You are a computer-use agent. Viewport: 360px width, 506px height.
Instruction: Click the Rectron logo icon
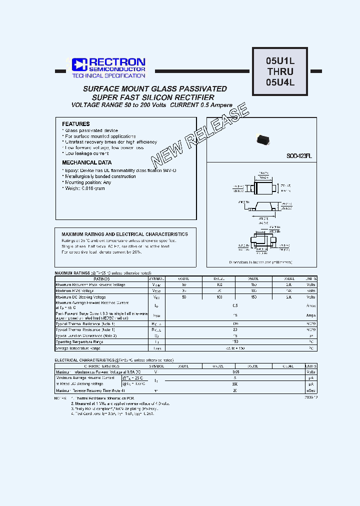(x=79, y=64)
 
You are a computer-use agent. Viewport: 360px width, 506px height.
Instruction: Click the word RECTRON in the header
(x=117, y=62)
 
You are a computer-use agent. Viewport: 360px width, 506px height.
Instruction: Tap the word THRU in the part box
(x=280, y=71)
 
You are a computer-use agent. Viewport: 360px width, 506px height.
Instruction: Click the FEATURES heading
(x=76, y=124)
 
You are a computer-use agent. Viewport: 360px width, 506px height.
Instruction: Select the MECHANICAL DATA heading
(x=86, y=162)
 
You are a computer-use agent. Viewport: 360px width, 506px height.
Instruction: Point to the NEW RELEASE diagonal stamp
(x=199, y=135)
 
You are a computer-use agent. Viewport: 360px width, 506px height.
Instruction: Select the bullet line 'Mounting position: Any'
(x=87, y=182)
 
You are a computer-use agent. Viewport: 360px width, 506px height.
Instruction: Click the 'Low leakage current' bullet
(x=87, y=153)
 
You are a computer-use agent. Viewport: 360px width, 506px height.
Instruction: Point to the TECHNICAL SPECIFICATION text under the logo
(x=108, y=76)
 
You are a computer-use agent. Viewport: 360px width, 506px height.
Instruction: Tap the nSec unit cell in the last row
(x=311, y=390)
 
